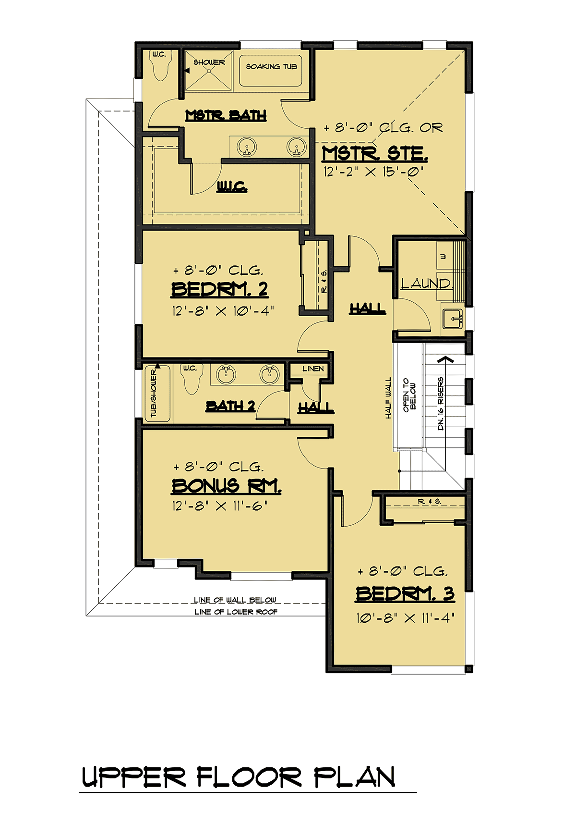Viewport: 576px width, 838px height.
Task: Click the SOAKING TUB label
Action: (x=272, y=67)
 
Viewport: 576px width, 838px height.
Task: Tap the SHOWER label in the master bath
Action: (x=209, y=62)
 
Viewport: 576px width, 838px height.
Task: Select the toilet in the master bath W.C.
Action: (x=159, y=67)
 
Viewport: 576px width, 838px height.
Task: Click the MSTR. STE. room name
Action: (x=374, y=154)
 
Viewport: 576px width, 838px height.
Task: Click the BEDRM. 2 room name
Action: (x=219, y=290)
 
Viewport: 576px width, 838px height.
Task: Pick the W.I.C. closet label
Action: (x=232, y=187)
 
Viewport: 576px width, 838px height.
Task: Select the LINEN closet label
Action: (x=313, y=369)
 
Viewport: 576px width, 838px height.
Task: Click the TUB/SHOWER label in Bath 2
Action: (x=154, y=393)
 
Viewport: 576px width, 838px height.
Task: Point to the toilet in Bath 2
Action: (x=190, y=379)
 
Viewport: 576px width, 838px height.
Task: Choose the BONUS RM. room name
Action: (x=226, y=486)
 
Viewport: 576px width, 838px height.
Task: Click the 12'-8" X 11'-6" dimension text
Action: (x=220, y=506)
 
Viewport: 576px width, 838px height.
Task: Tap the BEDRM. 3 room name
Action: (x=405, y=594)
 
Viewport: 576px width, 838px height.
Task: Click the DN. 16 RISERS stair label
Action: (x=441, y=403)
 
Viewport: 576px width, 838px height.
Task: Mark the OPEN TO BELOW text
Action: (x=409, y=395)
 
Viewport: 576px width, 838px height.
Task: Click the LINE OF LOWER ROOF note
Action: (x=236, y=612)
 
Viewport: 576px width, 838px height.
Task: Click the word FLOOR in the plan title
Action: (x=249, y=777)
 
